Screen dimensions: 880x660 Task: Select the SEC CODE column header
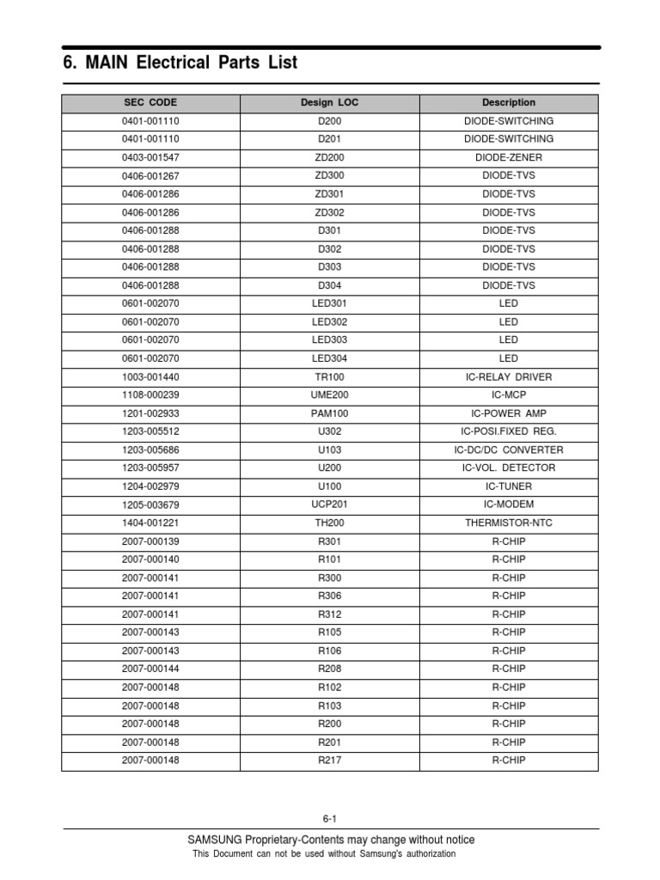click(150, 102)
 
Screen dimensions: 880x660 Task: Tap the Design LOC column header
click(330, 102)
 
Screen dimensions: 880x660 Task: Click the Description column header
click(509, 102)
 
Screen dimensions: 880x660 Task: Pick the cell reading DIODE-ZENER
click(509, 157)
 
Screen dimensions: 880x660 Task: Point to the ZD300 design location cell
click(330, 175)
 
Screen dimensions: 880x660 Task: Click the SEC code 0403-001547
click(150, 157)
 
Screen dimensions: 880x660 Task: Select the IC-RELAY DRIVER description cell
click(509, 376)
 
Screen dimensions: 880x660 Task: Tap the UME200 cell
click(330, 394)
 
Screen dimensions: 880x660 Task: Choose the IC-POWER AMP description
click(509, 413)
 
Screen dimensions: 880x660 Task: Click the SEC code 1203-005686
click(150, 449)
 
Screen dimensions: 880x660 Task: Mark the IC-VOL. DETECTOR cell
click(509, 467)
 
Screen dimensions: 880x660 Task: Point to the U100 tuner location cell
click(330, 486)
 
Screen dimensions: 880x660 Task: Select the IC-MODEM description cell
click(509, 504)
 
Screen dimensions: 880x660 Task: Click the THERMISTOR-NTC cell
click(509, 522)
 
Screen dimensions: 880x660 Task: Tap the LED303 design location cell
click(330, 339)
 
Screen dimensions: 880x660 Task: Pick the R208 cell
click(330, 669)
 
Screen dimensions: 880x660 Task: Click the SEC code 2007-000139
click(150, 541)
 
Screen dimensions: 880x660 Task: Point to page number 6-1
click(330, 819)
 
